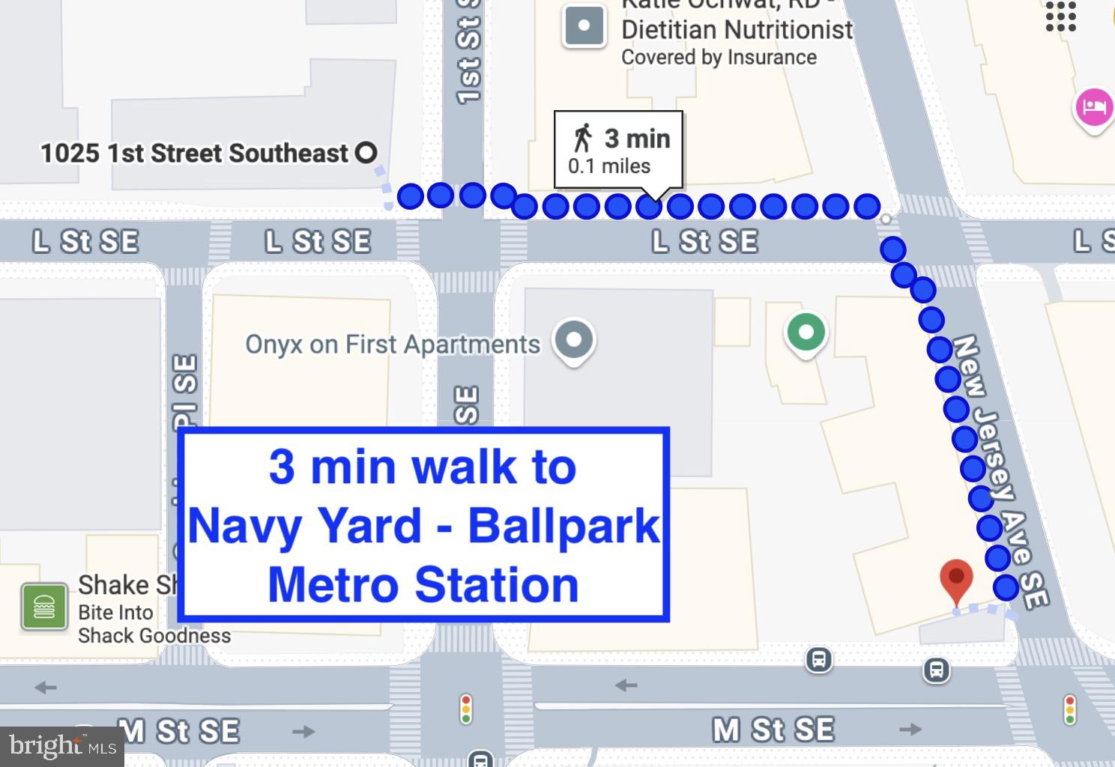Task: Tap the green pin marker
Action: (806, 333)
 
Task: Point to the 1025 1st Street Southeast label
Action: (194, 154)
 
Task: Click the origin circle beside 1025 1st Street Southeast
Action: (366, 153)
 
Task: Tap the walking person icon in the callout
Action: (582, 138)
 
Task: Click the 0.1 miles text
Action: (608, 166)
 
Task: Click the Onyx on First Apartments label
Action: (393, 345)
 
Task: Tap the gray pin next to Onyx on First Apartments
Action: (574, 340)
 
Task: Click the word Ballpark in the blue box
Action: (563, 526)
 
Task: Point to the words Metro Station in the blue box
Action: (423, 585)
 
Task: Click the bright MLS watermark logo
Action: (62, 746)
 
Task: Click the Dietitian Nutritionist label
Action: (737, 30)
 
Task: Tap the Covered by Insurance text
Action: (719, 58)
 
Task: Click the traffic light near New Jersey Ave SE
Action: (1069, 709)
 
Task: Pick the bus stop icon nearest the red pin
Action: (936, 670)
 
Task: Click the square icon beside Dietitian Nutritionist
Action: (584, 27)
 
